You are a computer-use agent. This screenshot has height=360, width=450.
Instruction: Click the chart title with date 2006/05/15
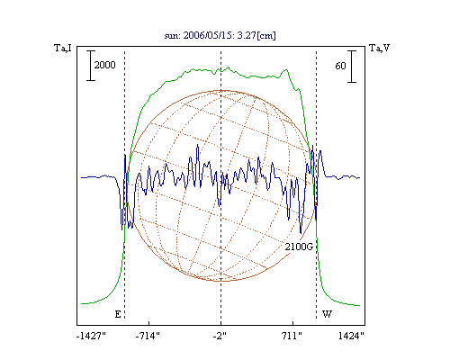click(x=220, y=35)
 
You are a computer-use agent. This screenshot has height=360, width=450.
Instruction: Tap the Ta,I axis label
click(x=63, y=48)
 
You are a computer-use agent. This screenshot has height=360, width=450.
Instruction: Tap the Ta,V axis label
click(x=379, y=48)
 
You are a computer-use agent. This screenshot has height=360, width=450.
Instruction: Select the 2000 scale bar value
click(x=104, y=65)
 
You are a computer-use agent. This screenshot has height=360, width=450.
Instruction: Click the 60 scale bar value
click(x=340, y=66)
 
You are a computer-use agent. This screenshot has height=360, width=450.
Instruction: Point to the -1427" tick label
click(x=91, y=336)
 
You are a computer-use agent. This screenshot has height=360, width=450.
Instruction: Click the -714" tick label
click(x=148, y=336)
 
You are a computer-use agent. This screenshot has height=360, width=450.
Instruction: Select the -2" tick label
click(x=220, y=336)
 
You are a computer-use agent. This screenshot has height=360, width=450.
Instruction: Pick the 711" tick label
click(x=292, y=336)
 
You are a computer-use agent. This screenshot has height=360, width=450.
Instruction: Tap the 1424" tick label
click(x=351, y=336)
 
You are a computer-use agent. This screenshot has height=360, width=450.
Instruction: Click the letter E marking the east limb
click(x=118, y=314)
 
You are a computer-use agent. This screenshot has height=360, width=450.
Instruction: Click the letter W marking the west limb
click(x=327, y=314)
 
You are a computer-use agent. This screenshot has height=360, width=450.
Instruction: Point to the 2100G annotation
click(x=299, y=247)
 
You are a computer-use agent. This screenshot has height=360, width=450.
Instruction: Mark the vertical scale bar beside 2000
click(x=91, y=66)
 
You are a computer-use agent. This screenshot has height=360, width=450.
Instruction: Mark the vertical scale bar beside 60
click(x=352, y=67)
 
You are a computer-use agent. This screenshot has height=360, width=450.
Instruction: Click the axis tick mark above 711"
click(x=292, y=322)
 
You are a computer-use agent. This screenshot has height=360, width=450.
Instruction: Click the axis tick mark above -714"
click(x=148, y=322)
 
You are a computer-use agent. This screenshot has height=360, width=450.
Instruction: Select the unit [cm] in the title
click(x=266, y=36)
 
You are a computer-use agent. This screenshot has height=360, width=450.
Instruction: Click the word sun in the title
click(x=172, y=36)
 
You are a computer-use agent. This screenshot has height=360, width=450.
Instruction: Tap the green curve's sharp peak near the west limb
click(x=286, y=70)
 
